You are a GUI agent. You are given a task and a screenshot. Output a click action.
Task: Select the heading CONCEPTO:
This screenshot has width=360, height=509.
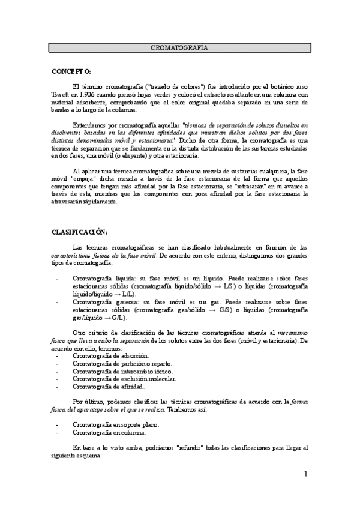click(71, 71)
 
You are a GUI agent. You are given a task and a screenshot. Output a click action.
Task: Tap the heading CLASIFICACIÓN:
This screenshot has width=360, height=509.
click(79, 231)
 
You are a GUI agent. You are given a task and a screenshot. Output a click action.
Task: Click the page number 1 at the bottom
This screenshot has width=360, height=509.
click(305, 474)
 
